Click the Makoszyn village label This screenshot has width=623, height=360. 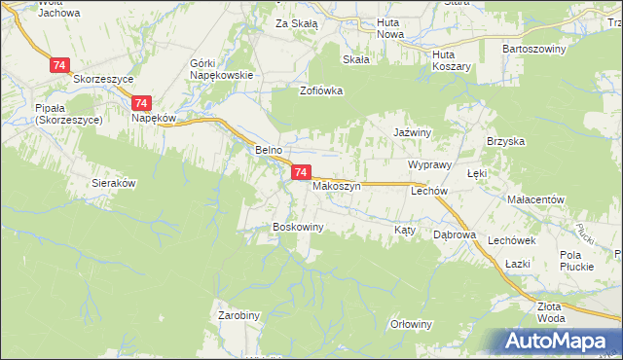click(x=338, y=185)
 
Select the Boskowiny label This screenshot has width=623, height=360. click(x=297, y=227)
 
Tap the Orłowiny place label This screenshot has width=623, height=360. click(x=410, y=324)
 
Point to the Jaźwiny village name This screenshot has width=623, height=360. click(x=413, y=129)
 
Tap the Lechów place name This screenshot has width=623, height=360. click(x=428, y=192)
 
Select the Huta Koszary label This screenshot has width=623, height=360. click(x=452, y=60)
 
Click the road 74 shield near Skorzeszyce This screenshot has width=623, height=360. click(x=60, y=64)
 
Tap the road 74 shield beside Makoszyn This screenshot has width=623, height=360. click(x=301, y=172)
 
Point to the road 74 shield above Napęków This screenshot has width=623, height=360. click(x=142, y=102)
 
